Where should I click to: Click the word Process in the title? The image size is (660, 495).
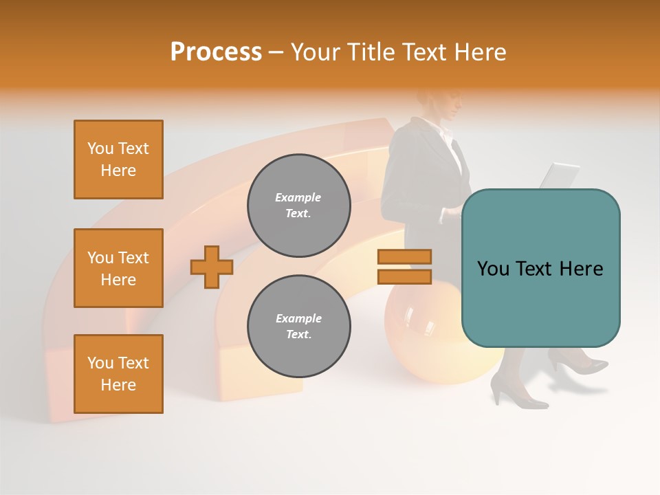coord(216,52)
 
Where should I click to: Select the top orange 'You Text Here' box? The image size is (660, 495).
coord(118,159)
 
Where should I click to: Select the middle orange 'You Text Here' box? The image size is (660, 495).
coord(118,268)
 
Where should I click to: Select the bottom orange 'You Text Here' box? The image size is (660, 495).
coord(118,374)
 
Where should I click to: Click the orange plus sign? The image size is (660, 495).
coord(212,267)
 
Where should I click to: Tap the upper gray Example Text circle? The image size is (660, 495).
coord(298,206)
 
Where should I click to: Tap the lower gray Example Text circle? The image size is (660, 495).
coord(298,327)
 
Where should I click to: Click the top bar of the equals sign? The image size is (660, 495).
coord(404,256)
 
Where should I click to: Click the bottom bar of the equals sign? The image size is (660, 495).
coord(404,276)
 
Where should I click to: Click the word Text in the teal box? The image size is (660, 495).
coord(540,269)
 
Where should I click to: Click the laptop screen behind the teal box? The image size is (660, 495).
coord(560,175)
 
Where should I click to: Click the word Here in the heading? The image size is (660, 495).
coord(478,52)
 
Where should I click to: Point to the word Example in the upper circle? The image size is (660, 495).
coord(298,197)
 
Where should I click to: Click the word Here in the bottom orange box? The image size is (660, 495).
coord(118,385)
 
